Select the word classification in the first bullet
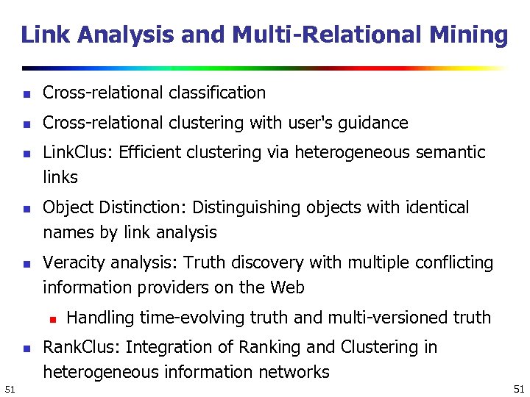216,93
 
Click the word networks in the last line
296,372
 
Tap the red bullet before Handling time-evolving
52,318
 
